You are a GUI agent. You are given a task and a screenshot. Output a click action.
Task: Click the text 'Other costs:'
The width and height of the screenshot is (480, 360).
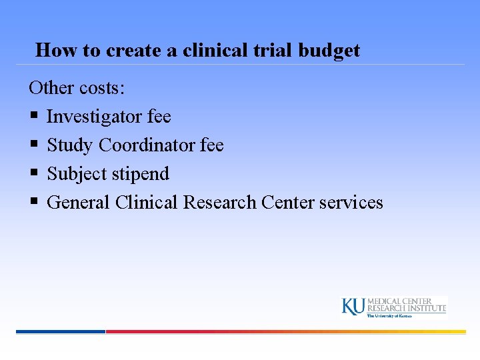pyautogui.click(x=77, y=88)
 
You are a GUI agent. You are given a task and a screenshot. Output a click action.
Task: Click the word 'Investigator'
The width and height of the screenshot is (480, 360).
pyautogui.click(x=94, y=117)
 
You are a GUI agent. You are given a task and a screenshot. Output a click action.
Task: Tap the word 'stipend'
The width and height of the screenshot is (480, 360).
pyautogui.click(x=140, y=174)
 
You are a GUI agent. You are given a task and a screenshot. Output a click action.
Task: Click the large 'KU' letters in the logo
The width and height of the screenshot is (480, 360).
pyautogui.click(x=353, y=306)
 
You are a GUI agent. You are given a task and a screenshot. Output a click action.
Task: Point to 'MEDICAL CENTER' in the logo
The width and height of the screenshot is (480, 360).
pyautogui.click(x=400, y=301)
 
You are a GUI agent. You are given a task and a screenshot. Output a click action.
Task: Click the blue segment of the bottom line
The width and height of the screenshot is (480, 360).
pyautogui.click(x=60, y=331)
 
